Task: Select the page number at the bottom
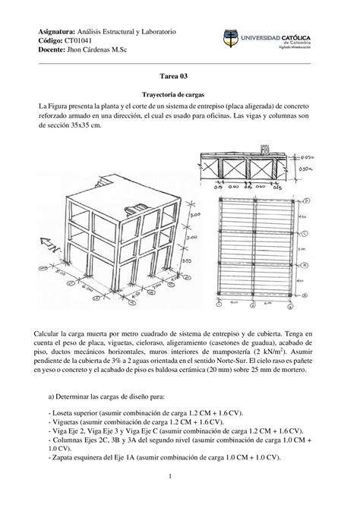(x=180, y=477)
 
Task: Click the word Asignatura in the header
(x=58, y=31)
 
